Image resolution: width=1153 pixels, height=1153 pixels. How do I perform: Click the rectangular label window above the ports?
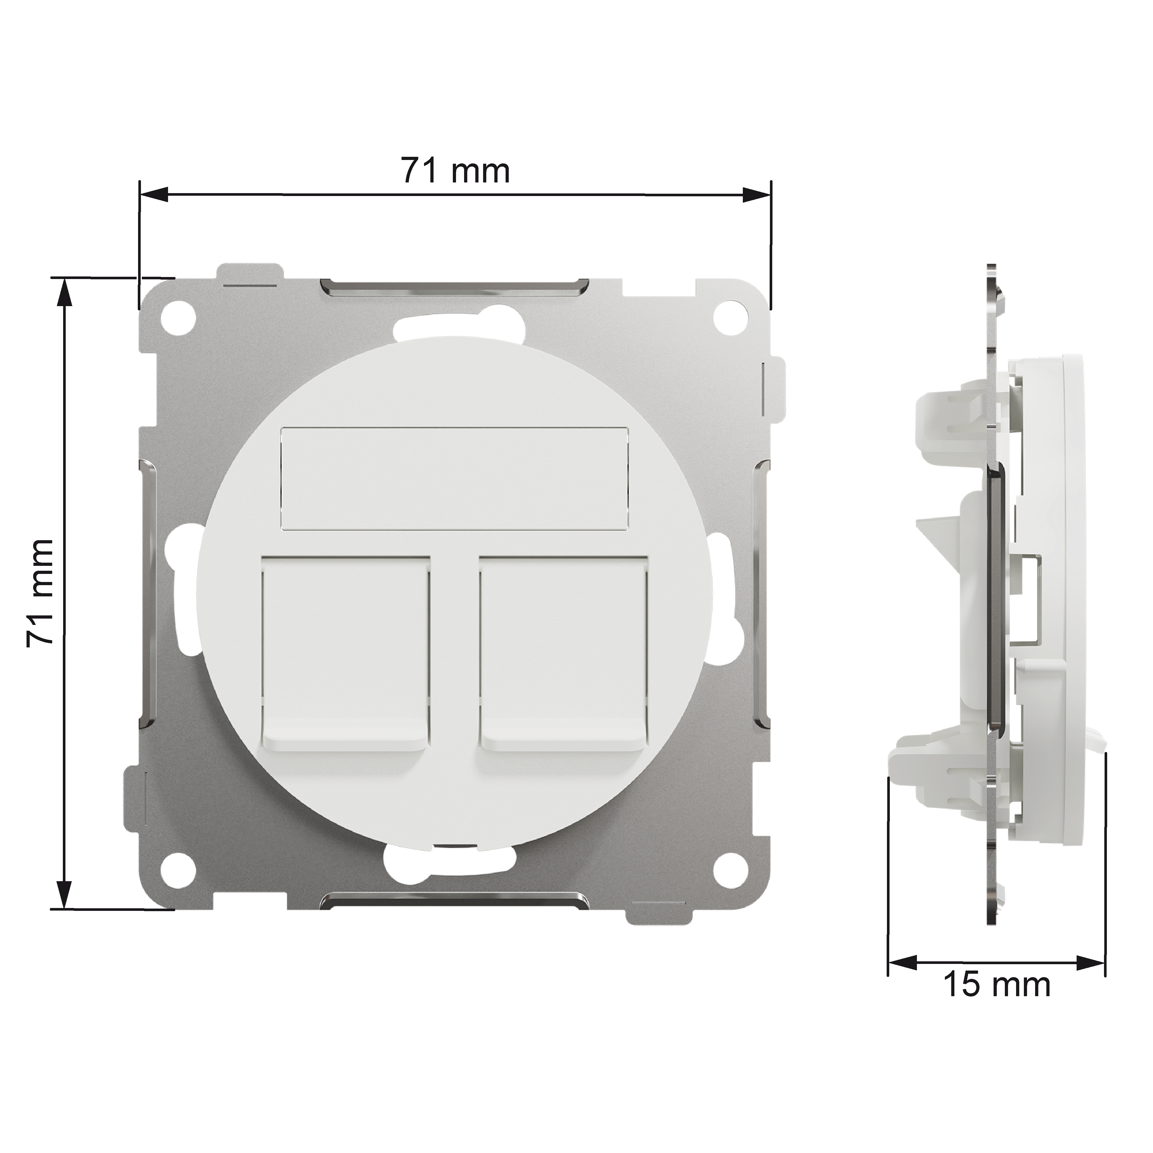pos(455,478)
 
